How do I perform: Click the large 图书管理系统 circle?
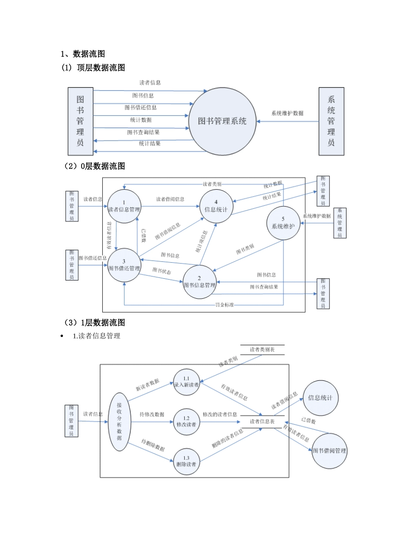point(222,121)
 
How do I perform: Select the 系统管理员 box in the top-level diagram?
point(331,121)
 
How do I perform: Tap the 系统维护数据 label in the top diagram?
point(288,113)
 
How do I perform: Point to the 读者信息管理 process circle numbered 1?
point(124,206)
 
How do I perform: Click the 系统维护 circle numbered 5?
point(283,223)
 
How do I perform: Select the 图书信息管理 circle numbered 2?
point(199,282)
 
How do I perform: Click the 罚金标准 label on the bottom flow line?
point(225,305)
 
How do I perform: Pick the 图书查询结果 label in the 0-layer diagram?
point(264,287)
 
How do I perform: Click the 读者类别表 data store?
point(262,349)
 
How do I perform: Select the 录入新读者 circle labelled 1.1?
point(186,381)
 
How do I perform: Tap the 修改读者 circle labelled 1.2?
point(186,421)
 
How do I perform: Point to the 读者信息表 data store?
point(262,422)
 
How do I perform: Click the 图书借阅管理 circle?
point(330,451)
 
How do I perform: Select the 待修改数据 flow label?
point(152,415)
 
